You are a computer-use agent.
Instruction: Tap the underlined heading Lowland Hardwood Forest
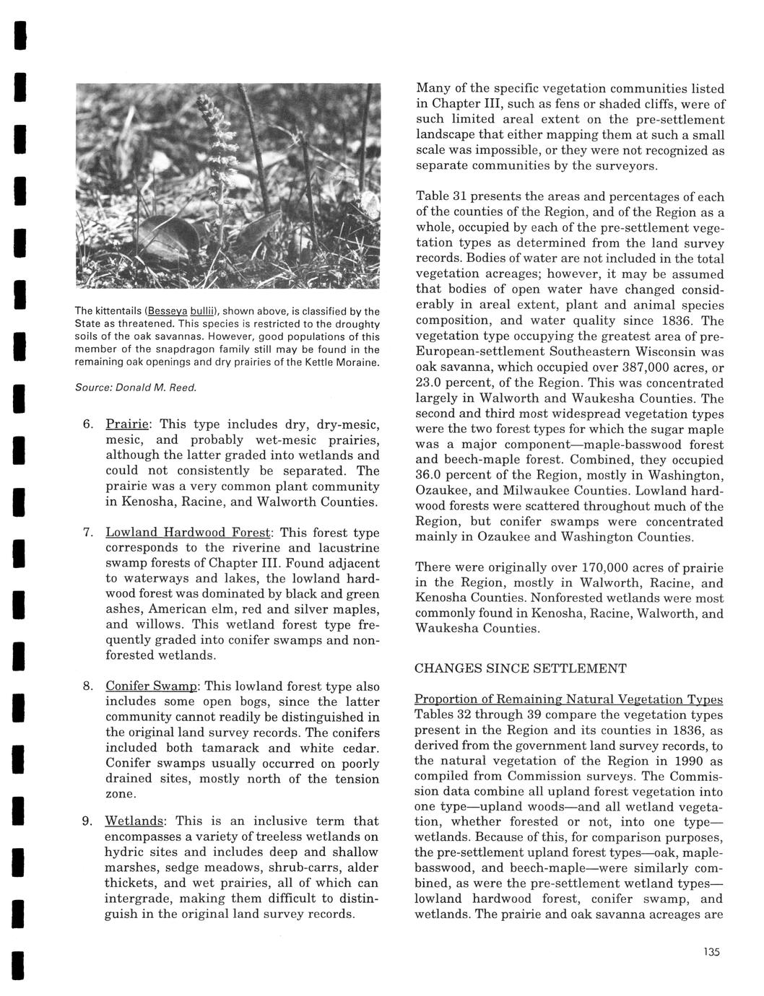pos(188,533)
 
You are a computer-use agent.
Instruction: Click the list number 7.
pos(86,533)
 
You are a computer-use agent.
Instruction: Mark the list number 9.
pos(86,821)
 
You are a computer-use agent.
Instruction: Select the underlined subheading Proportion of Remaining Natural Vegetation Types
pos(568,700)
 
